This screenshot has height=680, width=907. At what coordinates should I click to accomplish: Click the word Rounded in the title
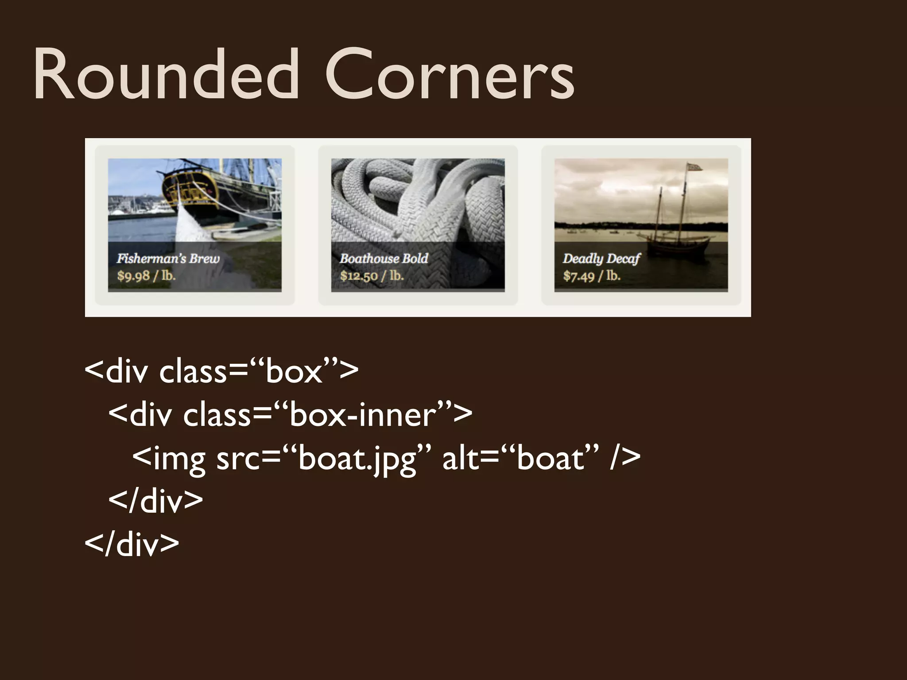tap(166, 74)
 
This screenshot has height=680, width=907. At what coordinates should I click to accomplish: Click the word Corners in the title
tap(449, 74)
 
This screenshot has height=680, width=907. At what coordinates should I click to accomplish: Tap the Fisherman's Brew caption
tap(168, 259)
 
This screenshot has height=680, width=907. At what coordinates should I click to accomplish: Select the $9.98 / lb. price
tap(146, 276)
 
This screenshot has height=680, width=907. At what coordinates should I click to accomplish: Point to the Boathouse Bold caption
tap(384, 259)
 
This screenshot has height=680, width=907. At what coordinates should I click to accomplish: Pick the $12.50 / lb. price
tap(372, 276)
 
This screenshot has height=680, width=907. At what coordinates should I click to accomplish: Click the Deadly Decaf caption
tap(601, 259)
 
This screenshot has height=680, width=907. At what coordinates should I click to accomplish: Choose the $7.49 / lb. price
tap(592, 276)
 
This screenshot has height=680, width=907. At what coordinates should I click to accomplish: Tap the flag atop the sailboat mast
tap(694, 167)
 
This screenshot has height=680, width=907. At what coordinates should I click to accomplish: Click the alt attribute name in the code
tap(461, 459)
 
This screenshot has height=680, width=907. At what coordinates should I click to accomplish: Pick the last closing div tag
tap(132, 544)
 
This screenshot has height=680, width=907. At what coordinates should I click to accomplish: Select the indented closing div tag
tap(155, 501)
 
